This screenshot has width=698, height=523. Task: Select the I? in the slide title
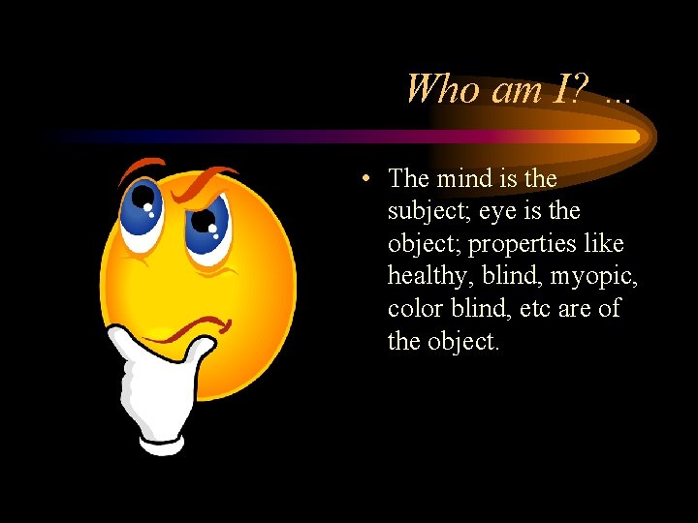pos(573,89)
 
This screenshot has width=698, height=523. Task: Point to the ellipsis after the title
pos(617,97)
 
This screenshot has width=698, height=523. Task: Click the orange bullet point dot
pos(363,179)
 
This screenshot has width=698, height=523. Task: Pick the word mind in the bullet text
pos(464,178)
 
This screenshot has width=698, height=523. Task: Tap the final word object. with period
pos(463,341)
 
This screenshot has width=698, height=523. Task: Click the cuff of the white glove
pos(161,441)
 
